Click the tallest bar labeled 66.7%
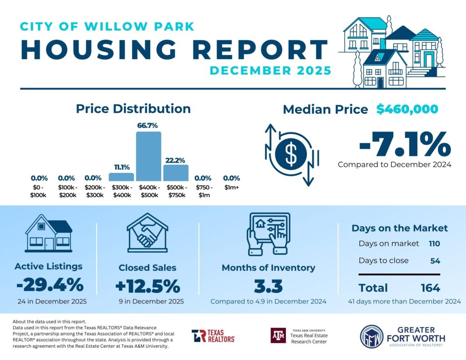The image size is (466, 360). pyautogui.click(x=149, y=156)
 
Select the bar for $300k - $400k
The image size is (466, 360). pyautogui.click(x=121, y=177)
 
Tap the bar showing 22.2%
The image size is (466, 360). pyautogui.click(x=176, y=173)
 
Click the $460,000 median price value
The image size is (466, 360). pyautogui.click(x=407, y=109)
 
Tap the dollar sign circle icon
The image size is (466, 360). pyautogui.click(x=291, y=154)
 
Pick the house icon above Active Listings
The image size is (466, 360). pyautogui.click(x=48, y=233)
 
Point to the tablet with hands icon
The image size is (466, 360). pyautogui.click(x=268, y=233)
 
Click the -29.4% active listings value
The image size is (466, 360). pyautogui.click(x=50, y=285)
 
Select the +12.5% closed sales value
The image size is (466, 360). pyautogui.click(x=147, y=286)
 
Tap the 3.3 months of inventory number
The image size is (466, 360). pyautogui.click(x=268, y=287)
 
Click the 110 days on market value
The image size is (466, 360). pyautogui.click(x=434, y=243)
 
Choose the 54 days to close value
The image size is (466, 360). pyautogui.click(x=435, y=261)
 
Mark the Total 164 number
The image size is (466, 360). pyautogui.click(x=430, y=288)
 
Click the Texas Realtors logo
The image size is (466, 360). pyautogui.click(x=213, y=336)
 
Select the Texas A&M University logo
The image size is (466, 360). pyautogui.click(x=278, y=335)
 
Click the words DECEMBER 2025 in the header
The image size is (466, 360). pyautogui.click(x=270, y=71)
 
